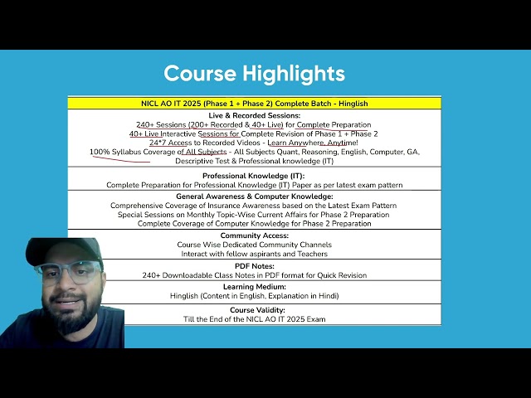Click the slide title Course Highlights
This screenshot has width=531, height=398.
coord(255,74)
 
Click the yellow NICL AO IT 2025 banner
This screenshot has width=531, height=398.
coord(255,103)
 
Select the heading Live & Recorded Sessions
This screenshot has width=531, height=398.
coord(255,115)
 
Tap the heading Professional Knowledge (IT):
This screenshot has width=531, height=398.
coord(254,176)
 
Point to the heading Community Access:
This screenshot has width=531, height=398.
coord(255,235)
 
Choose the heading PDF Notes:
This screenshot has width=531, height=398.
coord(255,266)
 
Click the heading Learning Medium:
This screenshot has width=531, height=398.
coord(255,287)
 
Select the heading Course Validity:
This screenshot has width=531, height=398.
coord(257,310)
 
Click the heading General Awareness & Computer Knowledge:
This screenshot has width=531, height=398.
coord(255,197)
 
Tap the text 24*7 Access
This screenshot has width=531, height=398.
coord(171,143)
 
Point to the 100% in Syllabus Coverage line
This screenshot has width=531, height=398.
coord(100,152)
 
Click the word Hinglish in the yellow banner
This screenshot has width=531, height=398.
coord(353,104)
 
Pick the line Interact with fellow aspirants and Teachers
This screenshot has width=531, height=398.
coord(255,254)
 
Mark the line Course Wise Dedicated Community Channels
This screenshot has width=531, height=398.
coord(255,245)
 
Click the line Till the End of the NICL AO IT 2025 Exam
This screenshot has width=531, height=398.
coord(255,319)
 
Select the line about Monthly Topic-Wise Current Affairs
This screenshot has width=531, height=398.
coord(253,215)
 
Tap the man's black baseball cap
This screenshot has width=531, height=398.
coord(65,250)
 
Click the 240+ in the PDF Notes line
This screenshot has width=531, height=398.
coord(151,275)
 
